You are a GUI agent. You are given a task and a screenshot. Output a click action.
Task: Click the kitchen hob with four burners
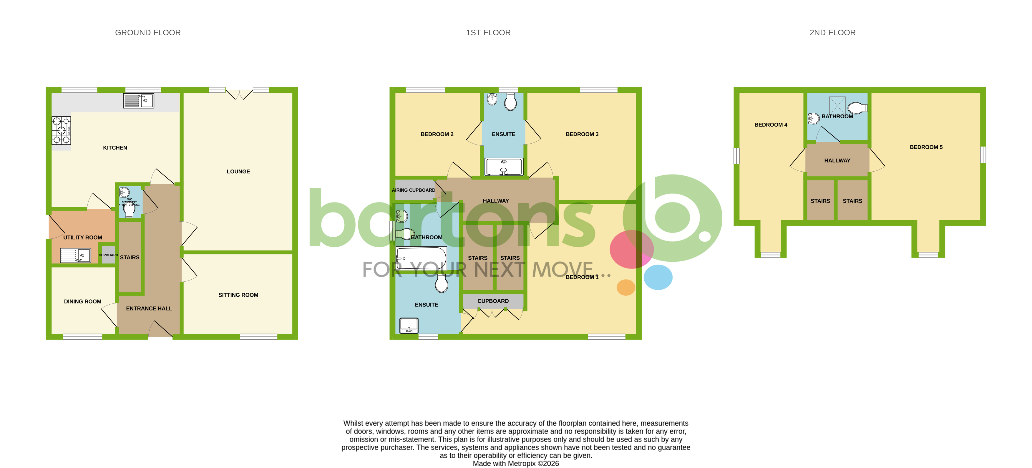click(61, 130)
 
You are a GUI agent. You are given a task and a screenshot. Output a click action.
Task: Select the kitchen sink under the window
click(138, 101)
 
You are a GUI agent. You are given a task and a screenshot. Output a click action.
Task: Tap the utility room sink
click(75, 255)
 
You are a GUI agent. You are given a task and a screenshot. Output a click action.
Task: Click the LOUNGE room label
click(238, 172)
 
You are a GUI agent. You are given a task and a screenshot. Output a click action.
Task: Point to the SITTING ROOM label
click(238, 295)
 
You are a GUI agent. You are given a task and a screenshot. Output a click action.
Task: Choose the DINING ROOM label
click(82, 301)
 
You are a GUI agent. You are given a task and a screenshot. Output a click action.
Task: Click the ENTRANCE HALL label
click(149, 308)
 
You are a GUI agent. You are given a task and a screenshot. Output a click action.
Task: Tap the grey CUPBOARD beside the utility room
click(108, 255)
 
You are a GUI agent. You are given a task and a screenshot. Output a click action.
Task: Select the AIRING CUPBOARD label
click(414, 190)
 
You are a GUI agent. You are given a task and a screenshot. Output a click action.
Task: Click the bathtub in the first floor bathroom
click(421, 258)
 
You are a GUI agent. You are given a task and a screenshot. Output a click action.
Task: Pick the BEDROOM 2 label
click(437, 134)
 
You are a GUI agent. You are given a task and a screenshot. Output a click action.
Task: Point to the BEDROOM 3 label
click(582, 134)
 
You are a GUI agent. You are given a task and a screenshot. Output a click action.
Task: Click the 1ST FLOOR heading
click(488, 32)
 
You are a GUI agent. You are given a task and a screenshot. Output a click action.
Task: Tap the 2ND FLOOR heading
click(832, 32)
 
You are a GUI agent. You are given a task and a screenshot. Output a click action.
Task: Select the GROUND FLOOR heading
click(148, 32)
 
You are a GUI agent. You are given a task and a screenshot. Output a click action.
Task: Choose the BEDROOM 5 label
click(926, 147)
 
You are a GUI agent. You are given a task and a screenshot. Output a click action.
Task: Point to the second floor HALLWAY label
click(837, 161)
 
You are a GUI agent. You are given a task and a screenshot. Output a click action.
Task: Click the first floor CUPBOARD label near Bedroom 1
click(493, 301)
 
